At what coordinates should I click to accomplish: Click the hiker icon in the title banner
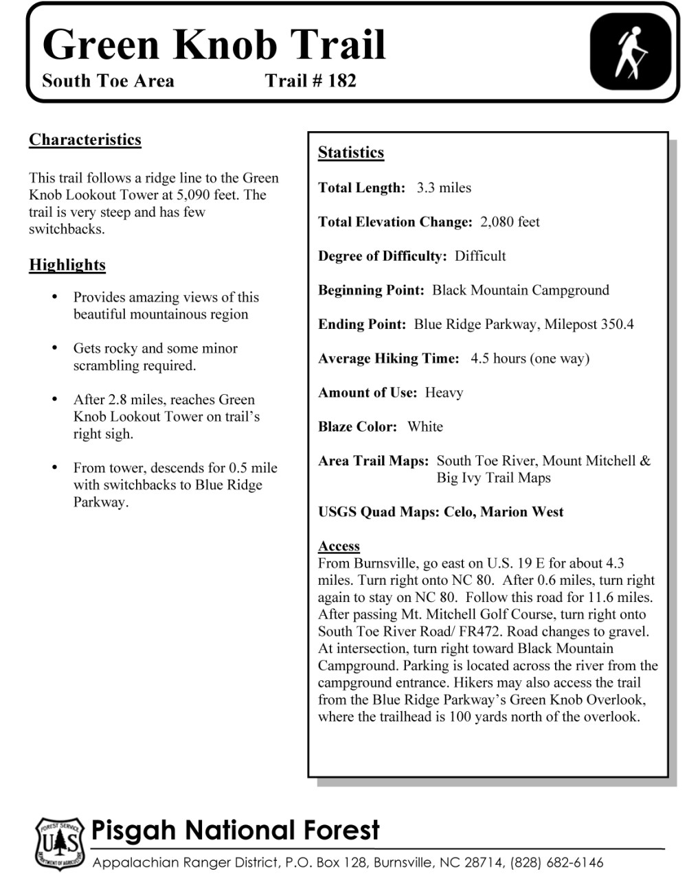coord(630,54)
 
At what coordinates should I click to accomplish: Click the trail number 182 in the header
coord(342,81)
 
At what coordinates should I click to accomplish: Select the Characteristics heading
coord(85,140)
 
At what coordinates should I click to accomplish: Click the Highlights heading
coord(67,265)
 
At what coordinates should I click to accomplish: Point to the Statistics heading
coord(351,152)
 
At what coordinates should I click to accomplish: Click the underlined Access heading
coord(339,546)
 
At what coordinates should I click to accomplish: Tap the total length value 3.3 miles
coord(444,187)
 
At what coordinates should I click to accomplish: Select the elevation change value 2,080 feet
coord(510,222)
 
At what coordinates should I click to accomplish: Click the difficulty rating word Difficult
coord(480,256)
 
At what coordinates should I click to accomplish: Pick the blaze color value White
coord(425,426)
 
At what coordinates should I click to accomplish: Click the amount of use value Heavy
coord(444,393)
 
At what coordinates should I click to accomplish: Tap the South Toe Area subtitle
coord(108,81)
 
